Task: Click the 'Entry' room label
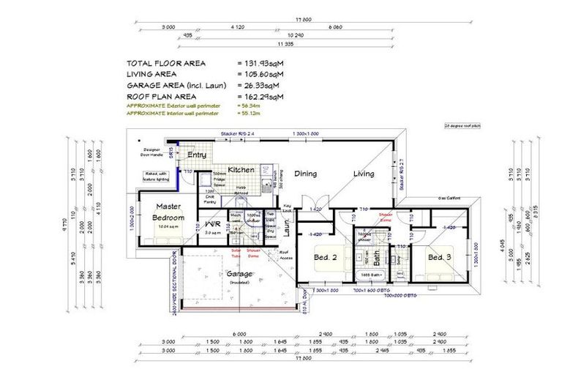[x=196, y=155]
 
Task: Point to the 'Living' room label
[x=364, y=174]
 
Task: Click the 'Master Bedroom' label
[x=168, y=212]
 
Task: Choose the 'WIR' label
[x=213, y=223]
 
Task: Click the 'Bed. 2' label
[x=326, y=257]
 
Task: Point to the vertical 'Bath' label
[x=375, y=258]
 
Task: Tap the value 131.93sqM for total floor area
[x=261, y=63]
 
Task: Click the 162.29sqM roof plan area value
[x=261, y=96]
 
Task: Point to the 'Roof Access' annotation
[x=287, y=254]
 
